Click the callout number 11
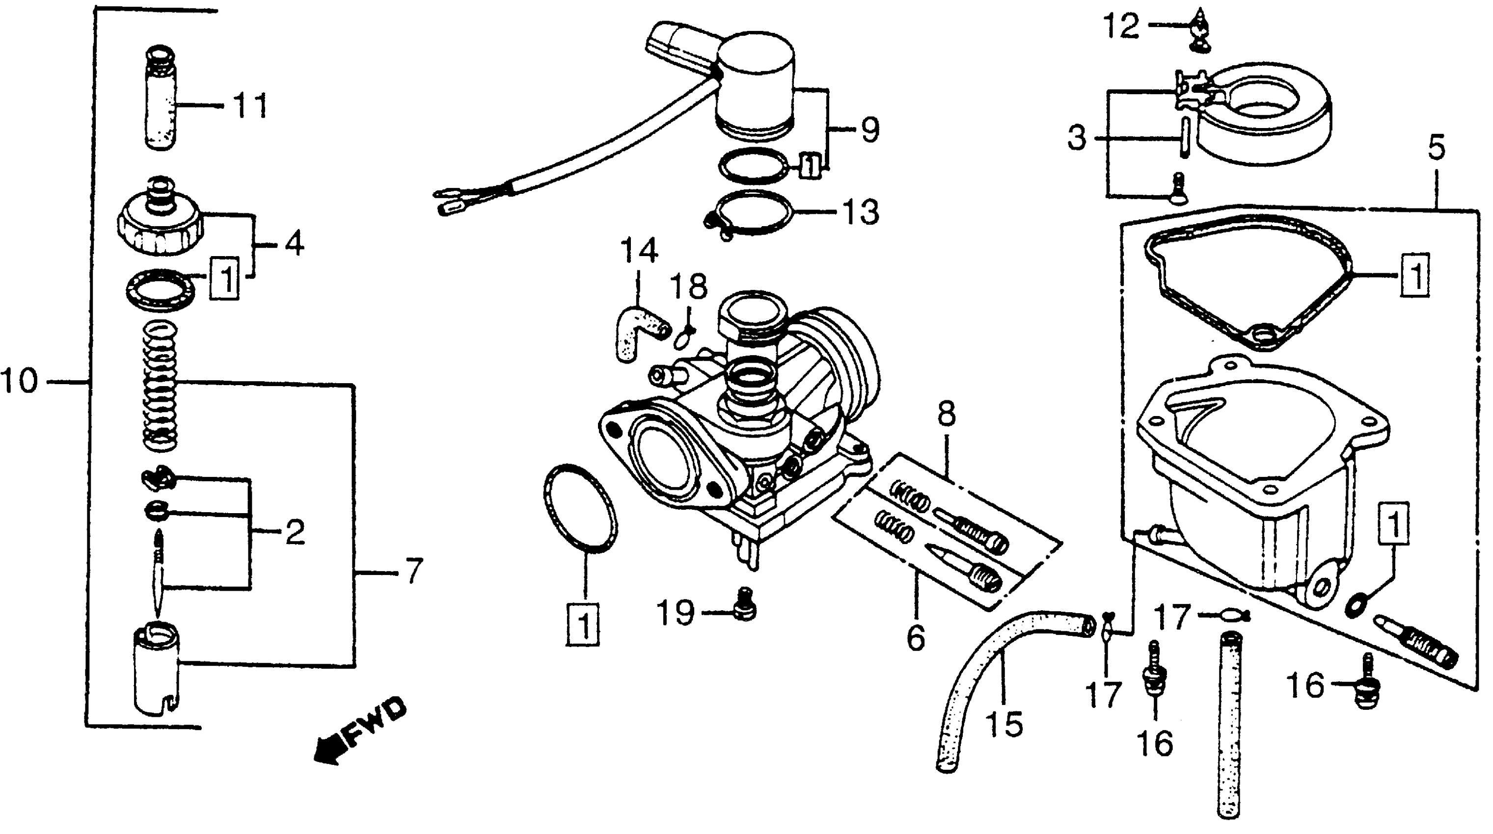tap(250, 106)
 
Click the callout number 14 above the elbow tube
tap(639, 251)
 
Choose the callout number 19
tap(675, 612)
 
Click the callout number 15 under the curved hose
tap(1004, 724)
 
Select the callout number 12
tap(1121, 26)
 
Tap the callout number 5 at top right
tap(1436, 148)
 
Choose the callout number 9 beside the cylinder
tap(870, 130)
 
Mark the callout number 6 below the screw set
tap(915, 638)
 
